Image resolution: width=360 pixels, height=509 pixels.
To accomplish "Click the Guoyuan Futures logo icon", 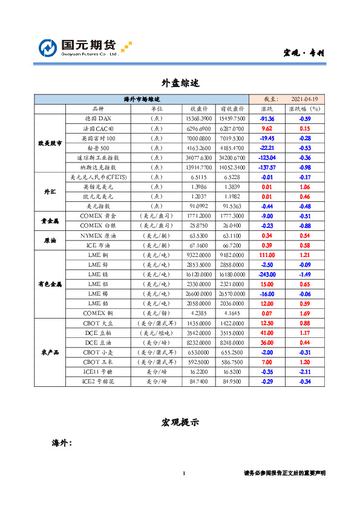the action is coord(50,48).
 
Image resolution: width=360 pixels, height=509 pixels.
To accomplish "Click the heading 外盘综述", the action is coord(180,82).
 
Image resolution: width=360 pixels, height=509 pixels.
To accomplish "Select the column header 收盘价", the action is coord(200,109).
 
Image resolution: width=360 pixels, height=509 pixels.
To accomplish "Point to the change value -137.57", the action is coord(267,167).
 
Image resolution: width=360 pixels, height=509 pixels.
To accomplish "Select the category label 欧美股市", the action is coord(50,143).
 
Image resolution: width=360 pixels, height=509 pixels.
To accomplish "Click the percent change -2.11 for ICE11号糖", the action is coord(304,372).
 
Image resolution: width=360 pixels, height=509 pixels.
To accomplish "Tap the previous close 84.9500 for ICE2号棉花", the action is coord(232,381).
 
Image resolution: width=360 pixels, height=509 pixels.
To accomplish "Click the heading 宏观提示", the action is coord(180,422).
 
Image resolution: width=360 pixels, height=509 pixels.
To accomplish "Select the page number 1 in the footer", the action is coord(183,473).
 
